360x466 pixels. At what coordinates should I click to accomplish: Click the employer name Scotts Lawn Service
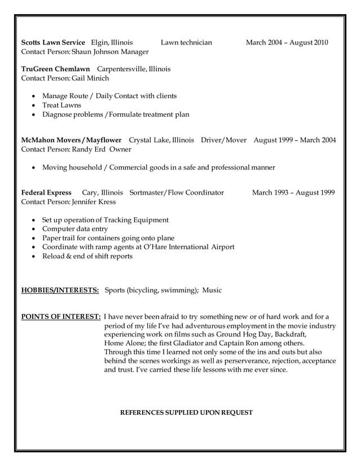[x=53, y=42]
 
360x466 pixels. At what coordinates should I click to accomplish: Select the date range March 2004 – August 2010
[x=287, y=42]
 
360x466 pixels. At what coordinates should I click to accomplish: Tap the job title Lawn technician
[x=186, y=42]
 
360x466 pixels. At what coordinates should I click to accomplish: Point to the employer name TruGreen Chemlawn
[x=55, y=69]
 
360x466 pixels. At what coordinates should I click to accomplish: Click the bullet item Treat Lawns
[x=62, y=105]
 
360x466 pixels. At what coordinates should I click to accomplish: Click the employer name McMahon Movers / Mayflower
[x=71, y=140]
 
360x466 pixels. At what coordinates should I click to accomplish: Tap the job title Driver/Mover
[x=223, y=140]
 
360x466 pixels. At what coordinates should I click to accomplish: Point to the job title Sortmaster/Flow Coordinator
[x=177, y=192]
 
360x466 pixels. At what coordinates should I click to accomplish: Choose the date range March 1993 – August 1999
[x=293, y=192]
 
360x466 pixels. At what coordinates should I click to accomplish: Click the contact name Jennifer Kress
[x=94, y=202]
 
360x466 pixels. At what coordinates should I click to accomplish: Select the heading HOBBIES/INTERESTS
[x=60, y=291]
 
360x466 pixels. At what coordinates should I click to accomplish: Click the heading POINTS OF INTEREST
[x=61, y=316]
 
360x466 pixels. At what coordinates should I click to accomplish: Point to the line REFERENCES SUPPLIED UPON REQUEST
[x=187, y=412]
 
